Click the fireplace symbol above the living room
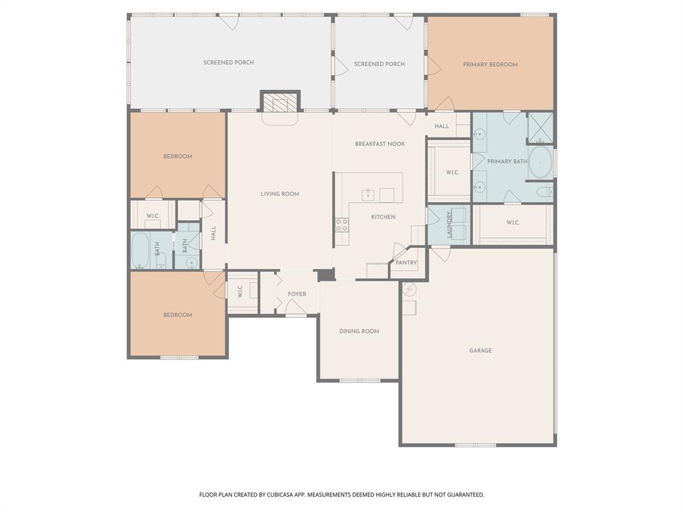(x=279, y=102)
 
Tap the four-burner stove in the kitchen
(x=341, y=225)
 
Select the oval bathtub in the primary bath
(x=540, y=162)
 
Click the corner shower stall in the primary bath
(x=540, y=127)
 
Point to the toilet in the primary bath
(x=545, y=193)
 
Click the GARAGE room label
(x=480, y=350)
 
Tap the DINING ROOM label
(x=359, y=331)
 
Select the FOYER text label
(x=297, y=294)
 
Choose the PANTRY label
(x=406, y=263)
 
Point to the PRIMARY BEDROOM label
(x=490, y=65)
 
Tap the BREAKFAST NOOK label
(x=380, y=144)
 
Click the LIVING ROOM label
(x=279, y=194)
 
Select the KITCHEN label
(x=383, y=217)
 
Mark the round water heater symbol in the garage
(x=410, y=289)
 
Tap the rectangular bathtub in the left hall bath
(x=141, y=250)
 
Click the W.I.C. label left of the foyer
(x=239, y=291)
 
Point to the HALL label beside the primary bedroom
(x=442, y=126)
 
